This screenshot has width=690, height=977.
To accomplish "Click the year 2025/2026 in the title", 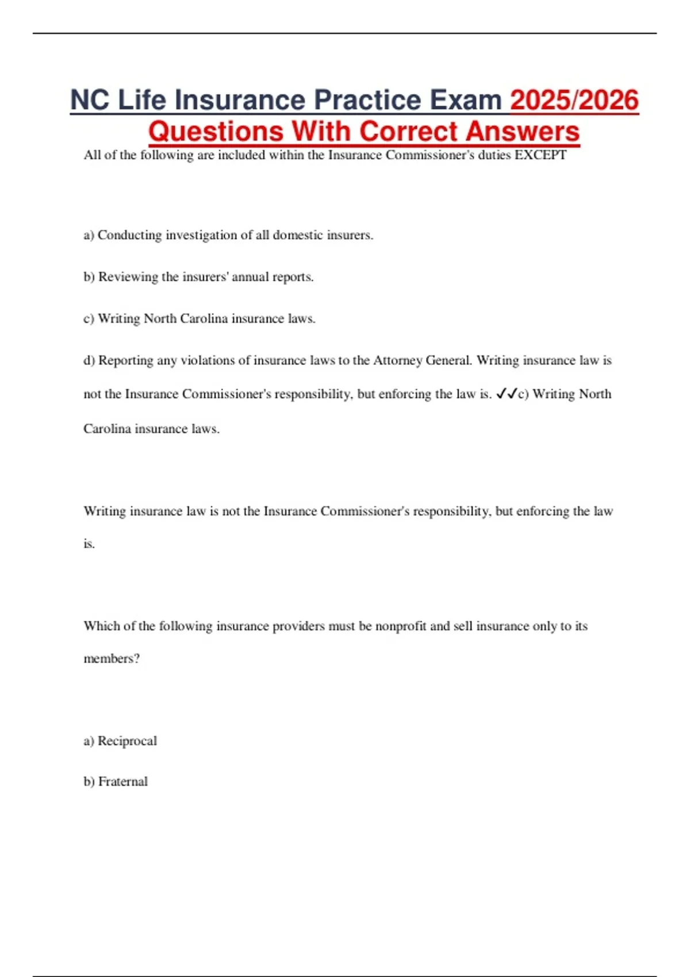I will coord(574,100).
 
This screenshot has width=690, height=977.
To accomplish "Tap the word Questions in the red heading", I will coord(216,131).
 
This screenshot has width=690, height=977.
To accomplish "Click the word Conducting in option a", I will coord(129,235).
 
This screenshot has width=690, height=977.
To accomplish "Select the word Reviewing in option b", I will coord(128,277).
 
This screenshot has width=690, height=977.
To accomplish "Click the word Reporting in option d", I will coord(126,360).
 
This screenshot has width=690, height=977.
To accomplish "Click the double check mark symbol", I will coord(506,394).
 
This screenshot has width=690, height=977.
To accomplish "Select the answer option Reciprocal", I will coord(127,741).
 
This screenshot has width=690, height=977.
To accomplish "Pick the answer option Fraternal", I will coord(123,782).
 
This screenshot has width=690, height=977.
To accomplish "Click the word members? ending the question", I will coord(112,659).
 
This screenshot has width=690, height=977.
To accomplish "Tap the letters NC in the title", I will coord(89,100).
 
